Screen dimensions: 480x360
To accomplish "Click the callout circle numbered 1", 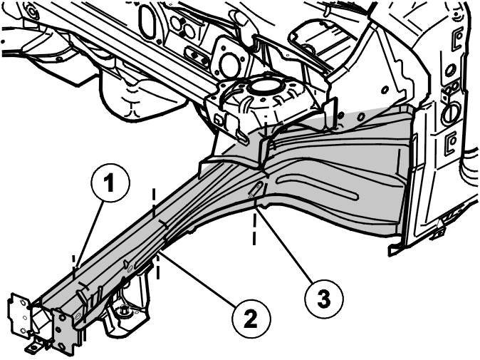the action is pyautogui.click(x=111, y=182).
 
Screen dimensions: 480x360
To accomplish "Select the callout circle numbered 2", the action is pyautogui.click(x=251, y=319).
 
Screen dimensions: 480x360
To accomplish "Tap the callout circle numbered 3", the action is pyautogui.click(x=324, y=297).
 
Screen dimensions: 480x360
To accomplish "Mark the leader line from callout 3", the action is pyautogui.click(x=286, y=244).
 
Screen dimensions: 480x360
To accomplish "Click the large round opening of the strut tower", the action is pyautogui.click(x=264, y=86).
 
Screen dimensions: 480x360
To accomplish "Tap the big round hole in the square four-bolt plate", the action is pyautogui.click(x=228, y=63).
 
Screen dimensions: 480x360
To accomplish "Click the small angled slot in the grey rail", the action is pyautogui.click(x=255, y=189).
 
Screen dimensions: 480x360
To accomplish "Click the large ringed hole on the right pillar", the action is pyautogui.click(x=450, y=112).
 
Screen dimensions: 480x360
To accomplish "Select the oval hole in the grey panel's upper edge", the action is pyautogui.click(x=362, y=117).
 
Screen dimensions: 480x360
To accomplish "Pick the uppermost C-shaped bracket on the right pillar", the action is pyautogui.click(x=457, y=38).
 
